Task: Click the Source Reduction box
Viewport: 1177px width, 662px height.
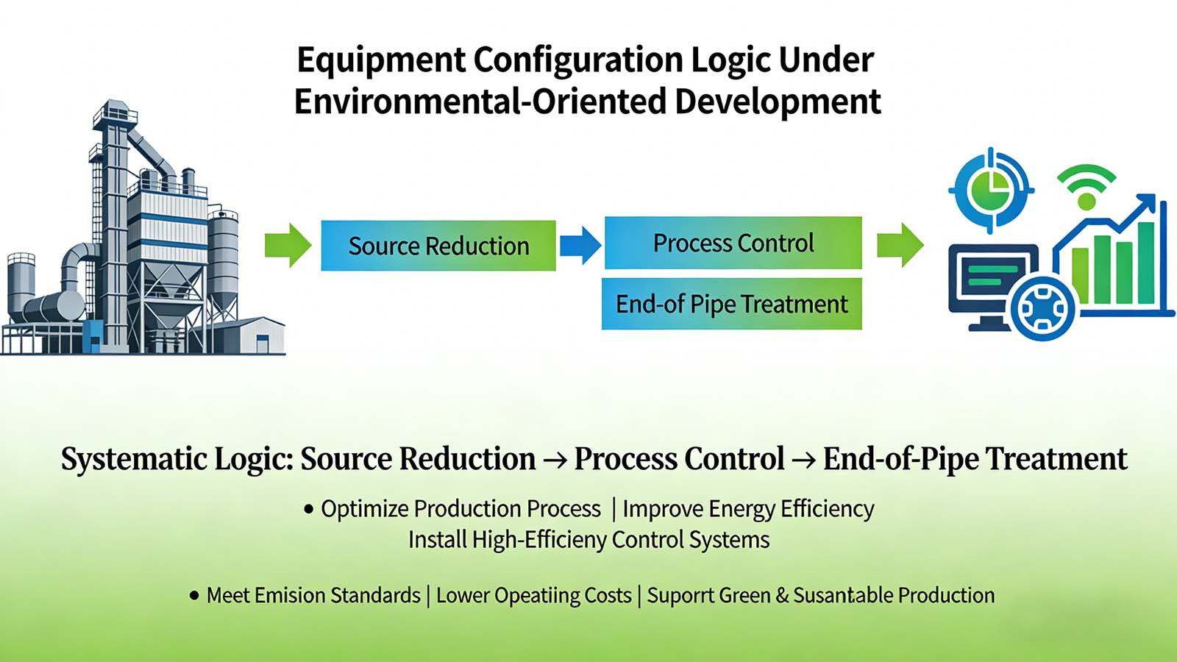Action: [x=438, y=246]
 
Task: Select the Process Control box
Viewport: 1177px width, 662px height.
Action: [x=733, y=243]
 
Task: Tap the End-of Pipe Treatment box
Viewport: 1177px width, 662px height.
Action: [x=731, y=304]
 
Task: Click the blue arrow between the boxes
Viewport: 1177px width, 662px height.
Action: [x=580, y=245]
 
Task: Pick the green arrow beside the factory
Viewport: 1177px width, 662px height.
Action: [x=288, y=245]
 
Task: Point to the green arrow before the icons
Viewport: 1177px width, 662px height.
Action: [x=900, y=245]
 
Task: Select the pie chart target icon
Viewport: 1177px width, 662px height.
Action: [x=990, y=191]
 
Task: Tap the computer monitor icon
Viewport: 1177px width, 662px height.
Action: [x=986, y=283]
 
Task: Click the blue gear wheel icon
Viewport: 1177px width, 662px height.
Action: [x=1042, y=308]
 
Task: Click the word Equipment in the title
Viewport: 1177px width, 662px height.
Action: [x=380, y=60]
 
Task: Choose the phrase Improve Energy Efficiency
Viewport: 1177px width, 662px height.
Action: [x=748, y=509]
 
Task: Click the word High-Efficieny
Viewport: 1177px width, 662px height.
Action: [x=539, y=540]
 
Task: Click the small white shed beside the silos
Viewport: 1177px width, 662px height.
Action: [x=255, y=335]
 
